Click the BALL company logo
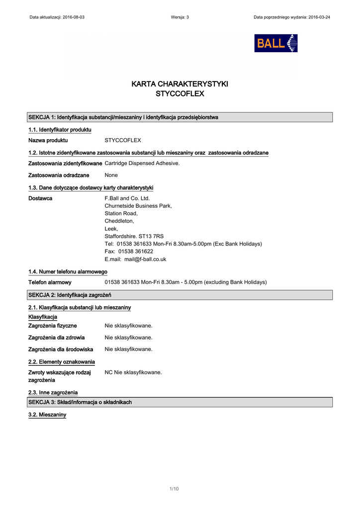[x=276, y=43]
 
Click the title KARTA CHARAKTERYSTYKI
[x=180, y=84]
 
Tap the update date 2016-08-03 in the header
[x=74, y=17]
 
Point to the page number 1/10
[x=174, y=489]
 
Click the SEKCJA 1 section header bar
[x=180, y=117]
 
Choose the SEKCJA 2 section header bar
[x=180, y=295]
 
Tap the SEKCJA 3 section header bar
[x=180, y=402]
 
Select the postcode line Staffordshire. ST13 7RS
[x=134, y=236]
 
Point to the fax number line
[x=129, y=252]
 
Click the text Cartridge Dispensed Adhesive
[x=142, y=163]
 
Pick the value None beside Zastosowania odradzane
[x=111, y=175]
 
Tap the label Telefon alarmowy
[x=50, y=282]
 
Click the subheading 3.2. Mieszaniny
[x=47, y=415]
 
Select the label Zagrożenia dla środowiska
[x=61, y=349]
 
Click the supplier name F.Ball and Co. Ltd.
[x=127, y=198]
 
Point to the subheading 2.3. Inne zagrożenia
[x=53, y=393]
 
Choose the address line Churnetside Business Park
[x=138, y=206]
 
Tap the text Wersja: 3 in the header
[x=180, y=17]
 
